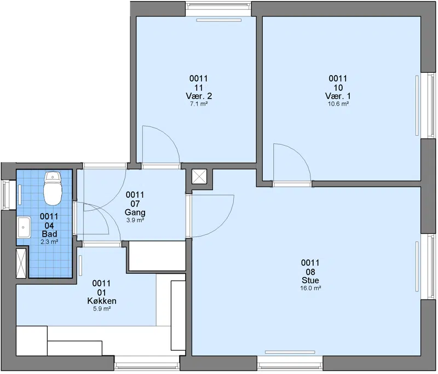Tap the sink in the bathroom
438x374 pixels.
click(24, 227)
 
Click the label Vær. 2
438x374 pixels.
click(199, 96)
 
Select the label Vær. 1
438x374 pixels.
click(338, 96)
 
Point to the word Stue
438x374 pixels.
click(310, 280)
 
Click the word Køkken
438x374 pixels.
click(102, 301)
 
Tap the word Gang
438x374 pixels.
click(135, 212)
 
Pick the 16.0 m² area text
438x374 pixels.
click(310, 288)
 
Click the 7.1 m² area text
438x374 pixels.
click(199, 104)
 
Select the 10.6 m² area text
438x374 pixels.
click(338, 104)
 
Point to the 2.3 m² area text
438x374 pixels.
click(49, 241)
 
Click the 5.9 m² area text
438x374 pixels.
click(102, 309)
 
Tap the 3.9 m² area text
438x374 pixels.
click(135, 220)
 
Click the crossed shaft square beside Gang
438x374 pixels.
click(199, 176)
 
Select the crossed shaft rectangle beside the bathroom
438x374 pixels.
click(21, 263)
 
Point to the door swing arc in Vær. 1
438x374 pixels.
click(299, 154)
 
